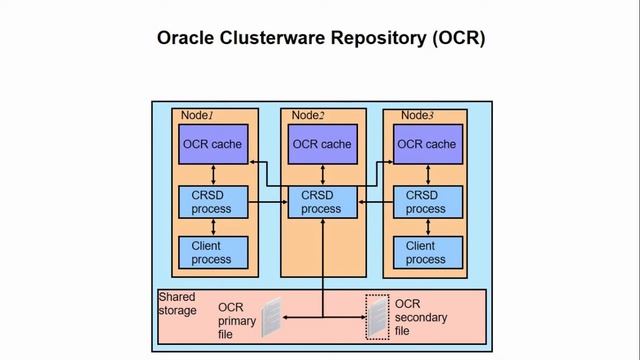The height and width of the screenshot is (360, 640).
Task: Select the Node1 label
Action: pyautogui.click(x=198, y=116)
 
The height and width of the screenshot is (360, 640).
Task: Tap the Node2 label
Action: pyautogui.click(x=307, y=116)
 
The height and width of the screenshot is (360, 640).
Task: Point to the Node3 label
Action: pyautogui.click(x=413, y=116)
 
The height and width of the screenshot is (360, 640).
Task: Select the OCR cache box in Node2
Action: pyautogui.click(x=321, y=145)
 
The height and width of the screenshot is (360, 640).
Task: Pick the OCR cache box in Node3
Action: pyautogui.click(x=425, y=145)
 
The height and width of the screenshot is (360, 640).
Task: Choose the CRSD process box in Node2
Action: pyautogui.click(x=321, y=202)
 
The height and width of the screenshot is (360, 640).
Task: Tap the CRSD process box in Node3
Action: pyautogui.click(x=425, y=202)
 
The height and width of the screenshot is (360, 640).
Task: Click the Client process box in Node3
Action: pyautogui.click(x=425, y=252)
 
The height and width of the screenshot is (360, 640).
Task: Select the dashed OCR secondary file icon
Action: pyautogui.click(x=376, y=315)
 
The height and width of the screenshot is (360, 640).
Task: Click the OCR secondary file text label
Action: pyautogui.click(x=420, y=317)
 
